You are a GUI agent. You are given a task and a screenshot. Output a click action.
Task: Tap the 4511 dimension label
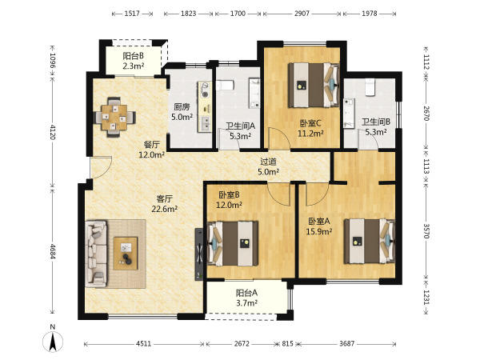[x=143, y=343]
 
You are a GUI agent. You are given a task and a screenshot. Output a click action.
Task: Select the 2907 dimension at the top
[x=302, y=14]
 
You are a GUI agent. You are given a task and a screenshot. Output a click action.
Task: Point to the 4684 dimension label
[x=53, y=252]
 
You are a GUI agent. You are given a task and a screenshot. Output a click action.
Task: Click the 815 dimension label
[x=287, y=343]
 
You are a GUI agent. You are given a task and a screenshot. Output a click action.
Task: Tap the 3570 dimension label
[x=426, y=231]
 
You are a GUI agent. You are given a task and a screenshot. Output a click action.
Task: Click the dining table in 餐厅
[x=114, y=118]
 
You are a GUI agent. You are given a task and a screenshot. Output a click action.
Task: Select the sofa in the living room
[x=96, y=254]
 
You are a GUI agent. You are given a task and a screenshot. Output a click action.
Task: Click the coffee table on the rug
[x=126, y=253]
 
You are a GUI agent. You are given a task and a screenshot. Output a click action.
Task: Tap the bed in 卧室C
[x=314, y=85]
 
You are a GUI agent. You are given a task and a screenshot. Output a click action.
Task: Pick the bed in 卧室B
[x=233, y=243]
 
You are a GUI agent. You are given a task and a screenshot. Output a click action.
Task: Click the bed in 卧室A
[x=370, y=241]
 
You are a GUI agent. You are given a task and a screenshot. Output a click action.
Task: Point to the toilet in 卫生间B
[x=370, y=86]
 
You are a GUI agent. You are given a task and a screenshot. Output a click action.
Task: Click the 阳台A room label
[x=246, y=293]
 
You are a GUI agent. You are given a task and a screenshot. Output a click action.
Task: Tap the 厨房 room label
[x=182, y=107]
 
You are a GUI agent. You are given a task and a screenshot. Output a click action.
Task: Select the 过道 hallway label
[x=268, y=162]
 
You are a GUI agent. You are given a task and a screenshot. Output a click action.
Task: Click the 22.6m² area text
[x=165, y=209]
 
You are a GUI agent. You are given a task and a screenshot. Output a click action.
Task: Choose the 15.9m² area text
[x=319, y=232]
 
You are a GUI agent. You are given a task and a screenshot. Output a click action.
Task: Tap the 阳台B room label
[x=134, y=56]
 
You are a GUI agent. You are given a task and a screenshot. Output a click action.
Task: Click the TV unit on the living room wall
[x=198, y=254]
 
